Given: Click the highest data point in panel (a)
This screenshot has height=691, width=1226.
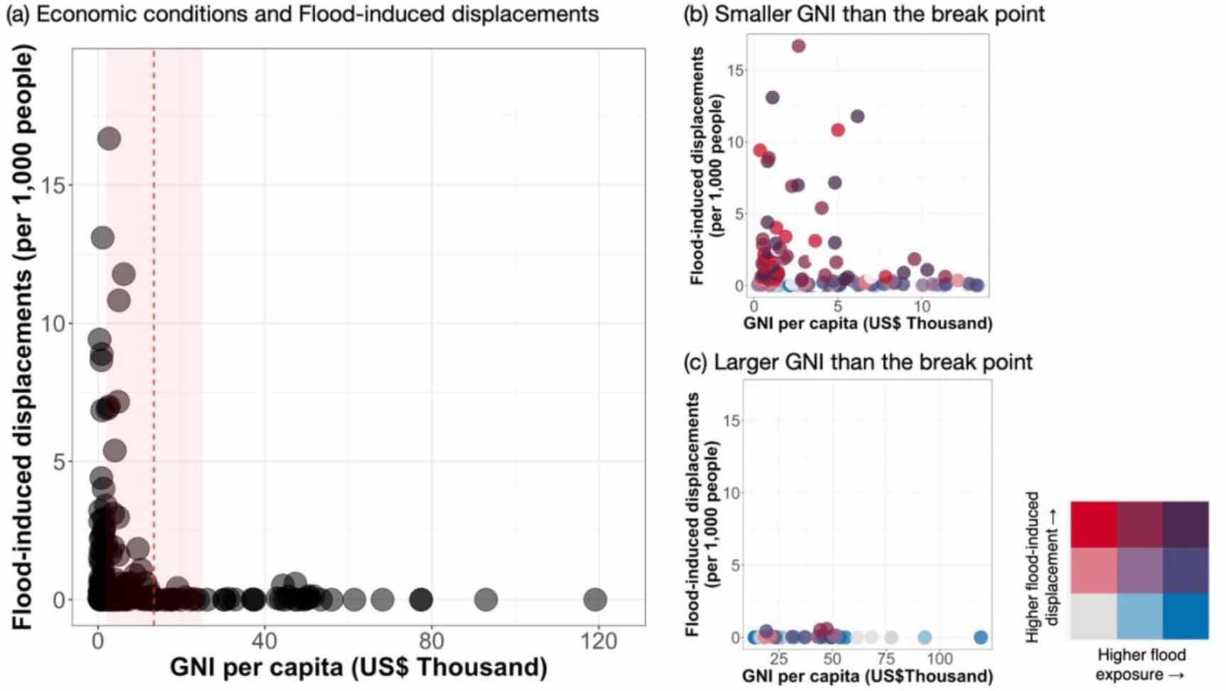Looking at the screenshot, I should tap(108, 139).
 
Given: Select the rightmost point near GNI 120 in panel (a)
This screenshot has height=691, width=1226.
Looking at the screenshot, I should tap(595, 599).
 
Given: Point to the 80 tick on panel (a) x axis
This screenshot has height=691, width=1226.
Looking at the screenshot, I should tap(431, 642).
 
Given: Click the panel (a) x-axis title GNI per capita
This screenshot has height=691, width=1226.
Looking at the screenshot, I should tap(358, 668).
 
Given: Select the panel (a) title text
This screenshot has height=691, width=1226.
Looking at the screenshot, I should tap(303, 13).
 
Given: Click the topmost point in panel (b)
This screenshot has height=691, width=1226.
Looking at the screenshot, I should tap(798, 46).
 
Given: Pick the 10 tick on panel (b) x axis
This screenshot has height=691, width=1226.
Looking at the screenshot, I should tap(922, 307).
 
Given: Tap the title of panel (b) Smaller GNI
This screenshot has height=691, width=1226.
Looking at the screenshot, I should tap(864, 13).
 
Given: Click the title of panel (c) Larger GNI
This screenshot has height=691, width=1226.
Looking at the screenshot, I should tap(857, 362).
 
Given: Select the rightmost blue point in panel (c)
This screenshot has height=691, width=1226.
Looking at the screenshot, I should tap(980, 638).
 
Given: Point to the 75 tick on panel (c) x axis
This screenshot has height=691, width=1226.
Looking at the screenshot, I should tap(886, 658).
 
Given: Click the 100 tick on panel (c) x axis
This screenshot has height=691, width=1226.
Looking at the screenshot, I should tap(940, 658).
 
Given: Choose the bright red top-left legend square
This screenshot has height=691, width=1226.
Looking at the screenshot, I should tap(1094, 524).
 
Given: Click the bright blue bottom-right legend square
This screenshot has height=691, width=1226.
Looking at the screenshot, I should tap(1185, 616).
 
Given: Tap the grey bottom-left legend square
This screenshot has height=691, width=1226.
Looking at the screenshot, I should tap(1094, 616).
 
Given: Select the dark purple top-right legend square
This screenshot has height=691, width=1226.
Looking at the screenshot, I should tap(1185, 524).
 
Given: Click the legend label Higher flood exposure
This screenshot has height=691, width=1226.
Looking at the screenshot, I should tap(1141, 664).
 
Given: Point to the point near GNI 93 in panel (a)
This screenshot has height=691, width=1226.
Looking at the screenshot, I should tap(485, 599).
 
